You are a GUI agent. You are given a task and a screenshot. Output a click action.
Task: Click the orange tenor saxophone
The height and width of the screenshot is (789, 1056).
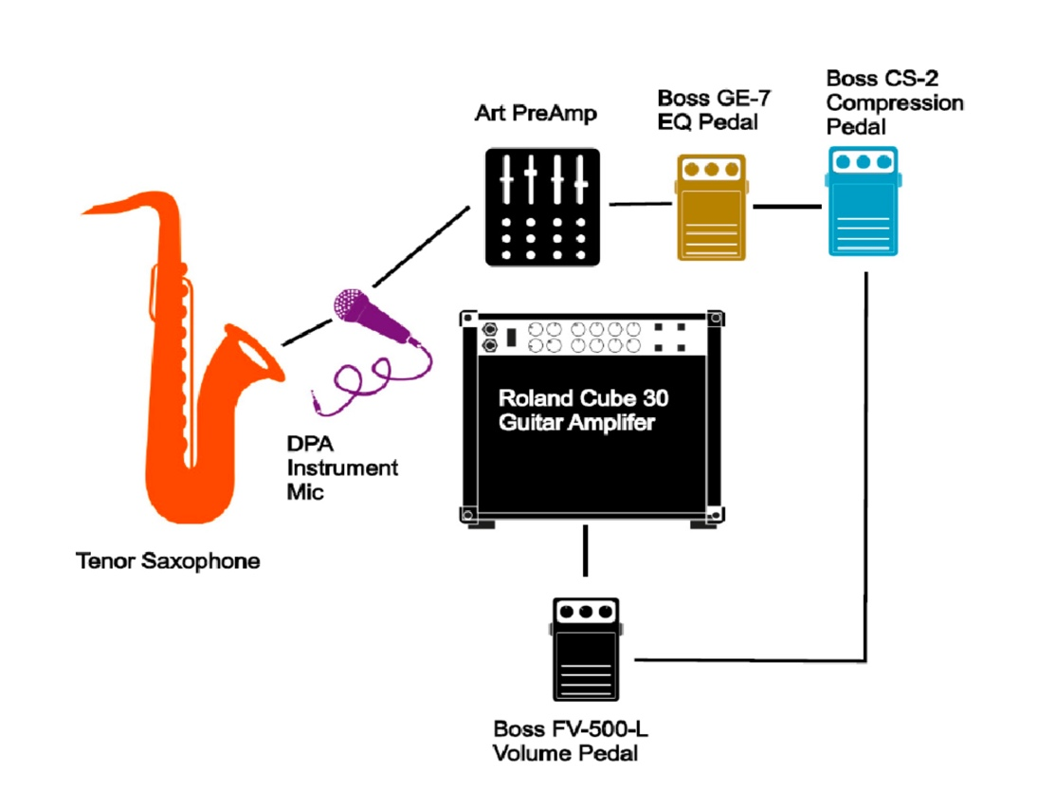click(x=190, y=398)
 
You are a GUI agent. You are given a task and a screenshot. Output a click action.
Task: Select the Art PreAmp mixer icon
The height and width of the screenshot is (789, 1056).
click(x=542, y=206)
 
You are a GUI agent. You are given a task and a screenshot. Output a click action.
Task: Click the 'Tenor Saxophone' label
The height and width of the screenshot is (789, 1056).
click(x=168, y=561)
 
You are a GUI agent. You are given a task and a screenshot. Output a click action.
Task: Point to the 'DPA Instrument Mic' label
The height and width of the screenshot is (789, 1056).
click(x=341, y=468)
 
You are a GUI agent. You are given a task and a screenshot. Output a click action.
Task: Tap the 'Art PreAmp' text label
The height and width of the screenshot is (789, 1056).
click(x=537, y=115)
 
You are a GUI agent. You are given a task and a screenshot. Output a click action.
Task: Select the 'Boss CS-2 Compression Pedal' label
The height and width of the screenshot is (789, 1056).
click(x=894, y=101)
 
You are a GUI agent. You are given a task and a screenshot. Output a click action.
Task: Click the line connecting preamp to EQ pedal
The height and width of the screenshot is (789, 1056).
click(x=640, y=205)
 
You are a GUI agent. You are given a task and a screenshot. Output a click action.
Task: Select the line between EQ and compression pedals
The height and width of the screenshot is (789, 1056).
click(x=787, y=205)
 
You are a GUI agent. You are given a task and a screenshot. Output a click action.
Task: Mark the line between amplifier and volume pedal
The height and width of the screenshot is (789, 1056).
click(x=586, y=551)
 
